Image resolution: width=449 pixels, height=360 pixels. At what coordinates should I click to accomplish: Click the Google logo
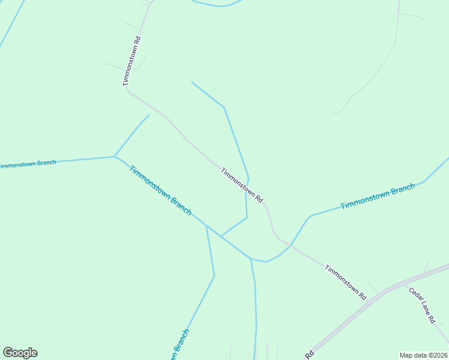pos(20,353)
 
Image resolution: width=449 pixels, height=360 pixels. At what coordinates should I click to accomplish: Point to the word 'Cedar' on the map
pos(415,295)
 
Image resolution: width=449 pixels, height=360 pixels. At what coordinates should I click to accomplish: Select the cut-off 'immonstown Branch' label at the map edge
pos(28,164)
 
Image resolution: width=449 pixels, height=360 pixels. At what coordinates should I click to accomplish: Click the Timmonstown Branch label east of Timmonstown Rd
pos(377,197)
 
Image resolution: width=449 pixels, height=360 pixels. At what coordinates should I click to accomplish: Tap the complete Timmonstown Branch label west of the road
pos(160,190)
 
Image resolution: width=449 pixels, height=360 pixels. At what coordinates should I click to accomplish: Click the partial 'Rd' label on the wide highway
pos(310,354)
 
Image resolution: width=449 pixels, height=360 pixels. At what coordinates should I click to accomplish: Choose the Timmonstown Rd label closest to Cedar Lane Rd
pos(345,281)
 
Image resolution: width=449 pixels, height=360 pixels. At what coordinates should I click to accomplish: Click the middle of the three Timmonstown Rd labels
pos(242,185)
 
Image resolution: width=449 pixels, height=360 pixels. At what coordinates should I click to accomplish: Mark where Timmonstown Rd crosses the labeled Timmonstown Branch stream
pos(291,245)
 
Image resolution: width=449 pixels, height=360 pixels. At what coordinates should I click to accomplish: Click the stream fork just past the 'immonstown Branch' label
pos(115,157)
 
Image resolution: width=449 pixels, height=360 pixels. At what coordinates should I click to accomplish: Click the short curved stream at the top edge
pos(217,5)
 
